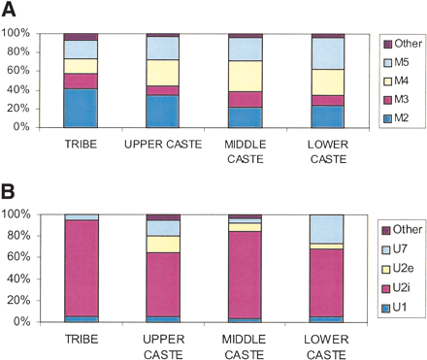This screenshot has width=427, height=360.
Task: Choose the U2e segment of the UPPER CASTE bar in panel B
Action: point(163,244)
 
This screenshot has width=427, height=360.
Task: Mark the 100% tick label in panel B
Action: point(20,213)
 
